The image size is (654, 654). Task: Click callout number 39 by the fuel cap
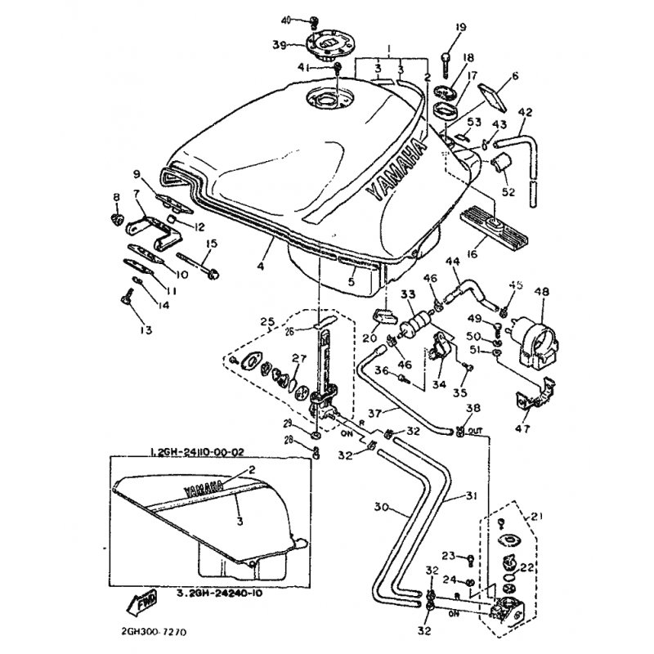tap(278, 45)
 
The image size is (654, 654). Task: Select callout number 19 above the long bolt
tap(460, 28)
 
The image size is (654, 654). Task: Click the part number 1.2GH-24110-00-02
tap(197, 450)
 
